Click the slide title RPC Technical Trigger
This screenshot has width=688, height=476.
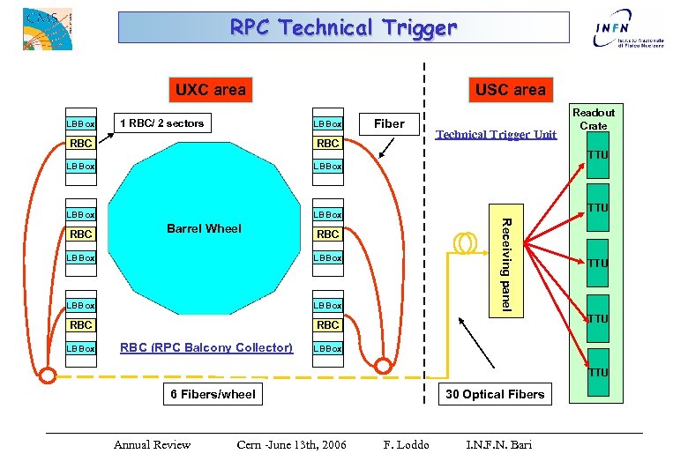[x=344, y=27]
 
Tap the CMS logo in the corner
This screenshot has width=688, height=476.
[x=47, y=28]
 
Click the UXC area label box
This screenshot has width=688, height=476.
[x=210, y=89]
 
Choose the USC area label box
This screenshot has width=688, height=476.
[x=510, y=89]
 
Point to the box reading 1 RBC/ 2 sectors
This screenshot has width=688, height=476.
[x=161, y=123]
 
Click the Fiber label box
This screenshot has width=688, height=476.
[x=389, y=123]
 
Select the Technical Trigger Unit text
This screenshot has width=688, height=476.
[x=497, y=134]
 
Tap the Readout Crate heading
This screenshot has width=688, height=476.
[x=594, y=119]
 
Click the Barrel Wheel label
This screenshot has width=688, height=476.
[x=204, y=228]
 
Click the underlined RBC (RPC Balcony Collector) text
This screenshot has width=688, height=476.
[x=206, y=347]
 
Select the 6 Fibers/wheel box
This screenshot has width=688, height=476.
[x=213, y=394]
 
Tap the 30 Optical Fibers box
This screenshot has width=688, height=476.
[x=495, y=394]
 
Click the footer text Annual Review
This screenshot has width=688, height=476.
[x=152, y=444]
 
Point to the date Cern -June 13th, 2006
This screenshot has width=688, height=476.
[x=291, y=444]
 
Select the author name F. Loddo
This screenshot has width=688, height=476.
[x=406, y=444]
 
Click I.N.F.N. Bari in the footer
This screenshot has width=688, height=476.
[x=498, y=444]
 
